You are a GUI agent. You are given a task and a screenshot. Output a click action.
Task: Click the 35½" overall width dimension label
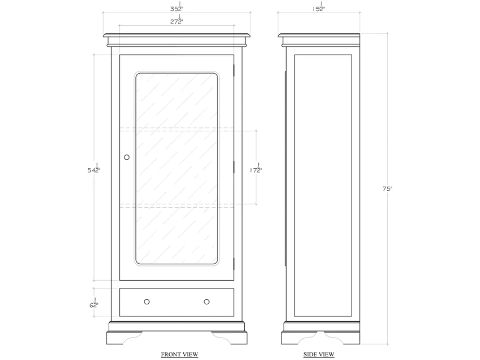177,7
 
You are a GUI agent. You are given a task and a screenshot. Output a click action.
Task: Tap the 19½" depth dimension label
319,7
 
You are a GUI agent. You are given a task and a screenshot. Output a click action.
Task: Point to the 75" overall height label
387,189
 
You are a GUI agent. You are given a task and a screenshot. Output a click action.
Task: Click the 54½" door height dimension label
94,169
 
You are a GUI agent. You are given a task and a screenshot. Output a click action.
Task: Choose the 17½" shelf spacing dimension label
256,169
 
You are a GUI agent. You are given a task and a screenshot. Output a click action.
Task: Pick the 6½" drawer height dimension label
94,303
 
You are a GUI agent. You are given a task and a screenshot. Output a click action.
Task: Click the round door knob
127,157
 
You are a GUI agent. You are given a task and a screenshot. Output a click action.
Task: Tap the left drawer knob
147,302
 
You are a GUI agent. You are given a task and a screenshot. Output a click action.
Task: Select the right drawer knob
207,302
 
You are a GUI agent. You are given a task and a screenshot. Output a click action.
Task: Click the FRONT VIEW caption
180,354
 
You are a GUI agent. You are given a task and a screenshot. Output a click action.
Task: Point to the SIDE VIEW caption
319,354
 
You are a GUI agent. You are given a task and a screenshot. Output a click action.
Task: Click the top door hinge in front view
234,70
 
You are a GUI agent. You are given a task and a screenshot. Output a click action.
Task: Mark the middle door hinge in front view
234,167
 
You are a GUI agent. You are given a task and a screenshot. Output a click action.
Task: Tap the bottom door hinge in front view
234,264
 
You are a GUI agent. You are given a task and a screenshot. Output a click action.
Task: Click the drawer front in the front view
177,302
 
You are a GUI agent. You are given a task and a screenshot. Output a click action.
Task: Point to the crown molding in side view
319,40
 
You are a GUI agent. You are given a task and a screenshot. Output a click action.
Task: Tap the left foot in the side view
294,338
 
